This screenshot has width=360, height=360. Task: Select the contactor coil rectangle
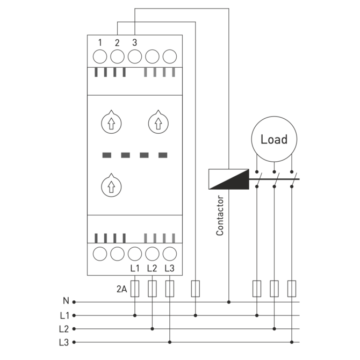[229, 179]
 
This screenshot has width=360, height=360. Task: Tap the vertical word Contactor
[220, 215]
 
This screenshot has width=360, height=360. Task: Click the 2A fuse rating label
[121, 289]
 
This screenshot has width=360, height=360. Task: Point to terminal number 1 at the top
[100, 42]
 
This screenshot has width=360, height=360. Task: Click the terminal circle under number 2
[117, 56]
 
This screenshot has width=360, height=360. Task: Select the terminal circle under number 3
[135, 56]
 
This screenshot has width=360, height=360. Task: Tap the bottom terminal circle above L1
[135, 254]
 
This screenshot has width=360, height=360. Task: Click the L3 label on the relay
[169, 268]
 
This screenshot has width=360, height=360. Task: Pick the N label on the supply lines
[66, 301]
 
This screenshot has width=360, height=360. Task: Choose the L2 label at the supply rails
[64, 329]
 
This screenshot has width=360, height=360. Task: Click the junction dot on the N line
[229, 302]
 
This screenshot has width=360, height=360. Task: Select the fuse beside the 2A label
[135, 289]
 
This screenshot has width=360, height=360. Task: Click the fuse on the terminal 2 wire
[196, 289]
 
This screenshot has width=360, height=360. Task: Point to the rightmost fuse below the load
[292, 289]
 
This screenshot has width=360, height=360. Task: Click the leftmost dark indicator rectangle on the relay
[107, 155]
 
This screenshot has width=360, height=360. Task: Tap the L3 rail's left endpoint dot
[74, 342]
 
